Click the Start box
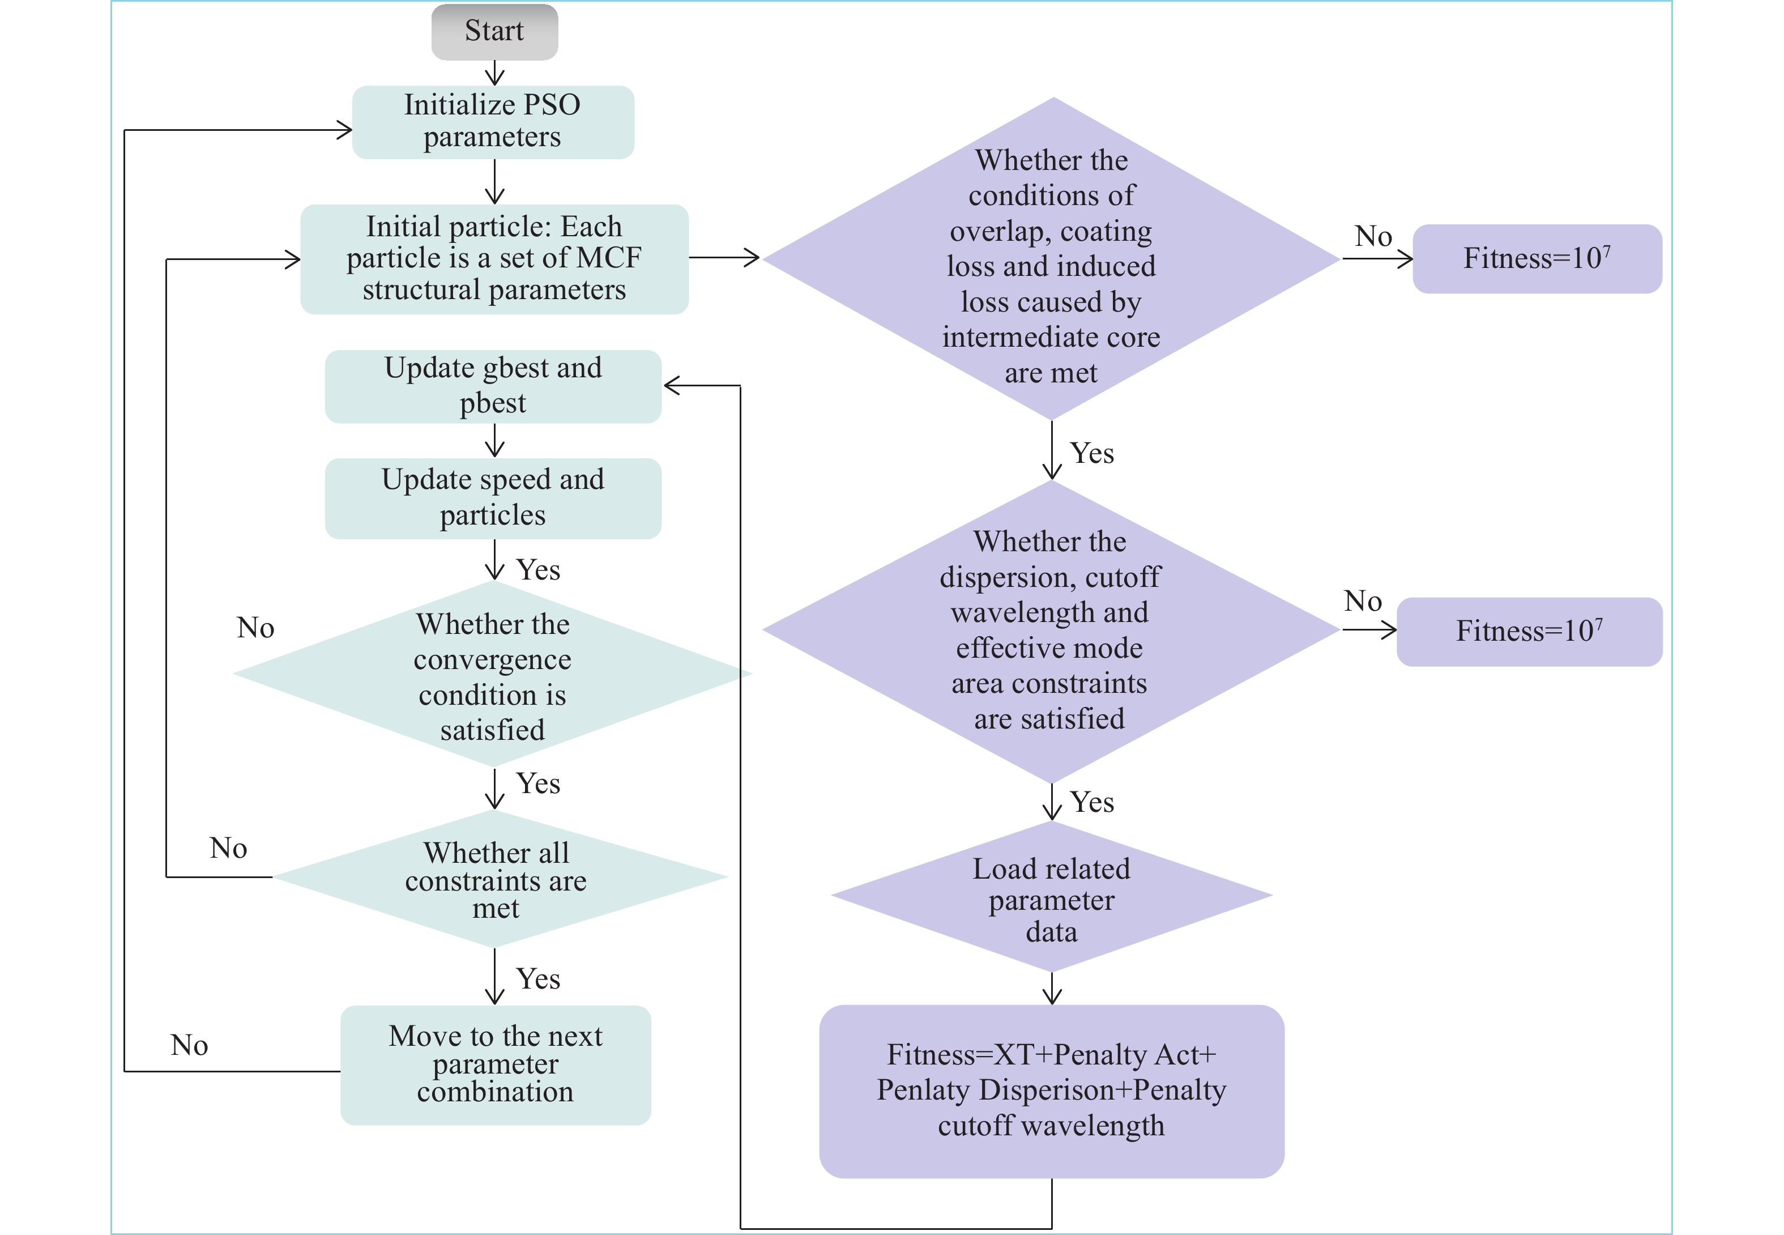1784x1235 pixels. click(x=494, y=32)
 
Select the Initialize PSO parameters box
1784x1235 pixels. click(x=493, y=121)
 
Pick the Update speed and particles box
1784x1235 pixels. click(x=493, y=497)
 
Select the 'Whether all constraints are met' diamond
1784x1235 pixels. click(x=497, y=879)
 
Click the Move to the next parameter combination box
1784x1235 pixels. click(x=495, y=1064)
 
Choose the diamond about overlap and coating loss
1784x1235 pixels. click(x=1051, y=259)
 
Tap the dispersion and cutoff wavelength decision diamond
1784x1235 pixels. click(x=1051, y=630)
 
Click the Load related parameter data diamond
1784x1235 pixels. click(x=1051, y=897)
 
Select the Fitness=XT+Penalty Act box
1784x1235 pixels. click(x=1051, y=1091)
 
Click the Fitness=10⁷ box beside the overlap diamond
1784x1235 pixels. click(x=1537, y=258)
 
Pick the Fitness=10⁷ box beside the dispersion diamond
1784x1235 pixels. click(x=1529, y=632)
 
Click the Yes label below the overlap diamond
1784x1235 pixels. click(x=1091, y=453)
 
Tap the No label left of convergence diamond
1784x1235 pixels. click(x=255, y=628)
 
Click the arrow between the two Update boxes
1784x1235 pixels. click(x=494, y=441)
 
